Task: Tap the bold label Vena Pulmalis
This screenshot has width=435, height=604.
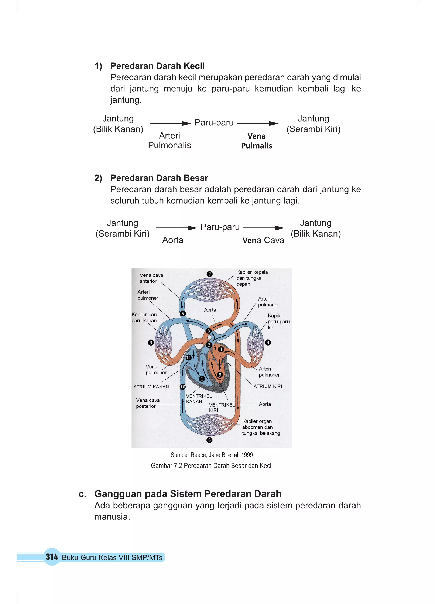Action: coord(256,141)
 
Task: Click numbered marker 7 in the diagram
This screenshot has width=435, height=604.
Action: coord(209,274)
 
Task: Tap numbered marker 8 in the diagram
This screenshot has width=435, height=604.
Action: coord(209,440)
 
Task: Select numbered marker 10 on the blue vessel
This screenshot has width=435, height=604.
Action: coord(183,387)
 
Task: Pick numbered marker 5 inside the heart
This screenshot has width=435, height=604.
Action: coord(220,375)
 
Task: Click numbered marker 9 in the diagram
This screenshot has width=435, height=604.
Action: coord(183,313)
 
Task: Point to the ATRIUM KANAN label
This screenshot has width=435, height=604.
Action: coord(151,387)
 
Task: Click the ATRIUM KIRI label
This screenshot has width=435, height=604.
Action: coord(268,386)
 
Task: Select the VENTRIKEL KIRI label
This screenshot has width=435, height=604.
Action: coord(222,407)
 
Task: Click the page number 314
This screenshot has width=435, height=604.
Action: coord(52,557)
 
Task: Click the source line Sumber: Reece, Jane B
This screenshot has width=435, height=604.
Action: coord(212,455)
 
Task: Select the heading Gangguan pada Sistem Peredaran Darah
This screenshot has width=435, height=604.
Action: coord(188,494)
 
